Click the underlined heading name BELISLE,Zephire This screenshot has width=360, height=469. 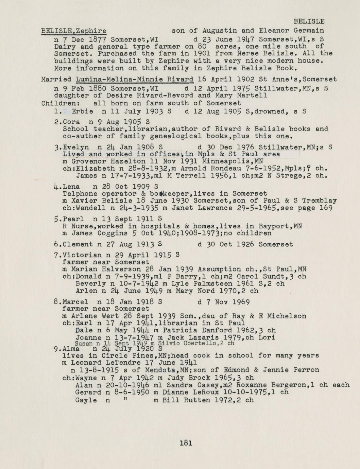tap(73, 31)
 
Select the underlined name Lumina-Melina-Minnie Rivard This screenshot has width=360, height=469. tap(135, 80)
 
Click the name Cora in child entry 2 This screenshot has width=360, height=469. tap(71, 122)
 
